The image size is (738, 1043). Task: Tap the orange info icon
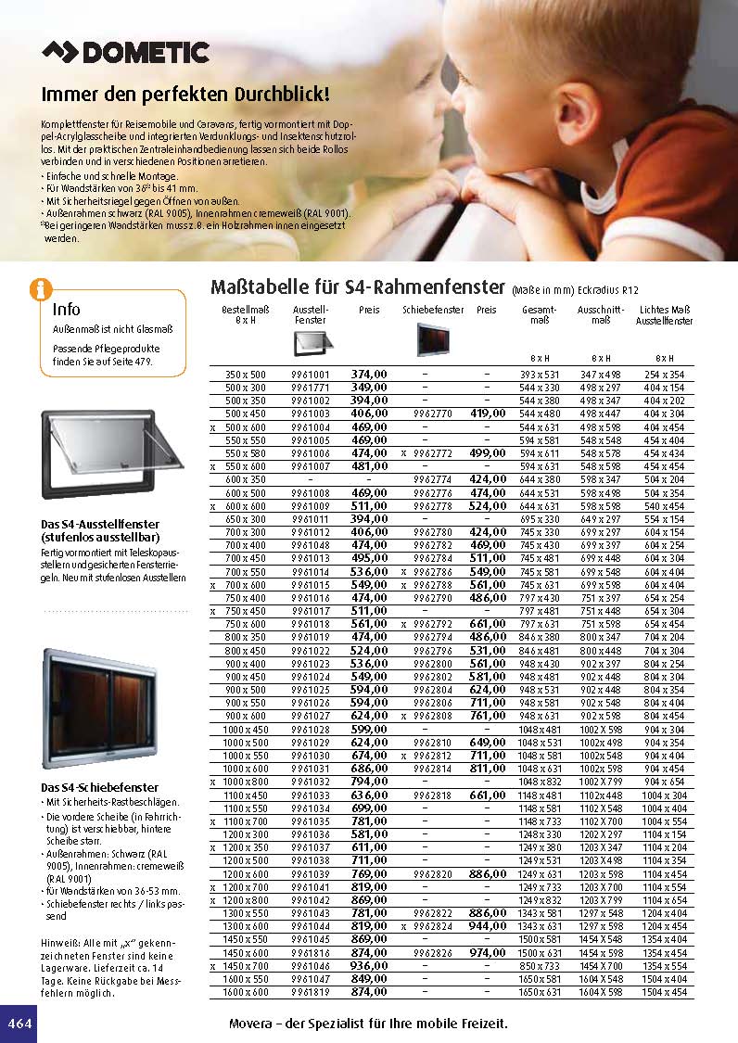(x=41, y=289)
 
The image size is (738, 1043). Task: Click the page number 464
(x=19, y=1024)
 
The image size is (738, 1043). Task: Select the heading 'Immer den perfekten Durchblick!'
(x=186, y=95)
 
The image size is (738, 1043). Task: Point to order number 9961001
(x=311, y=374)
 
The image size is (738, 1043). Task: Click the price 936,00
(x=369, y=966)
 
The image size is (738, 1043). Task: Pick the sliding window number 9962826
(x=433, y=953)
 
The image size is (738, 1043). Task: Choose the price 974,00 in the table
(x=487, y=953)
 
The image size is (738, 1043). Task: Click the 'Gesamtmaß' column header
(x=539, y=314)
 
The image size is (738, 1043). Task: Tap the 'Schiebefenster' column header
(x=433, y=310)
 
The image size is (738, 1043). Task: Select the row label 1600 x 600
(x=245, y=992)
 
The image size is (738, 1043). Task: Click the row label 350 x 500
(x=245, y=374)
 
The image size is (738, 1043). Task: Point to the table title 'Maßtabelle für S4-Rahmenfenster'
(x=357, y=286)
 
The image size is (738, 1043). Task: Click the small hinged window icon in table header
(x=311, y=343)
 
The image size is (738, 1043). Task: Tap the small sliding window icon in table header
(x=433, y=339)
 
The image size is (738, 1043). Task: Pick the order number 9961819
(x=311, y=992)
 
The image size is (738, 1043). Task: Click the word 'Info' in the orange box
(x=67, y=310)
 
